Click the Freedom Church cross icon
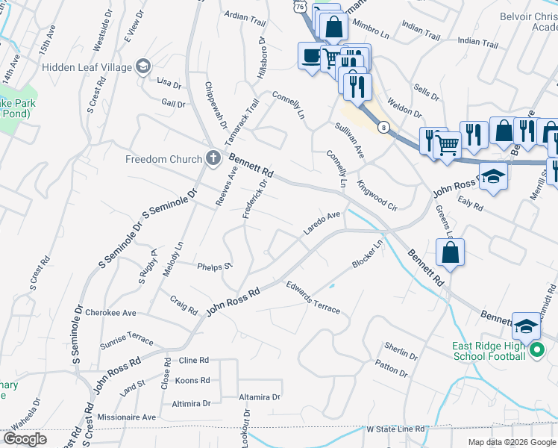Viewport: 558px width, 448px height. tap(213, 158)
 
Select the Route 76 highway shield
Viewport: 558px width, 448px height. tap(299, 5)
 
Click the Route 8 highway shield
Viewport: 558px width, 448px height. tap(383, 128)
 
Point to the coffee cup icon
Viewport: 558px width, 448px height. tap(310, 55)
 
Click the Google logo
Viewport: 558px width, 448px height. tap(25, 439)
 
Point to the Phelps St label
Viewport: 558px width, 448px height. tap(215, 266)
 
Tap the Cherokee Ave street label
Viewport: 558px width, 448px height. tap(110, 313)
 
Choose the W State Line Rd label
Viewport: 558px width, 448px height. tap(395, 430)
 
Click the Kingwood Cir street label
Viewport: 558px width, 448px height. tap(377, 192)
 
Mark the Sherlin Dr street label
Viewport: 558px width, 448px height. tap(401, 350)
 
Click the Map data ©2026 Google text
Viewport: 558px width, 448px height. tap(511, 442)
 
